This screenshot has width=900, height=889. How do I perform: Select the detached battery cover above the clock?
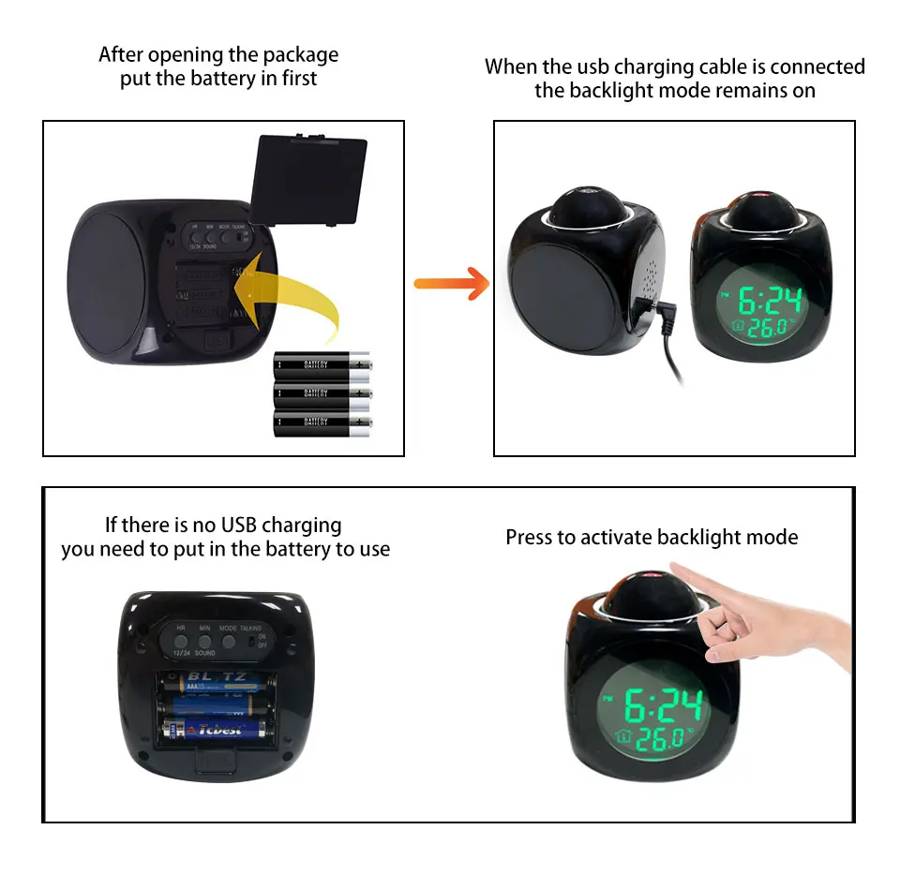310,179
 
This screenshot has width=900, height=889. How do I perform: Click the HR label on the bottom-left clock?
181,628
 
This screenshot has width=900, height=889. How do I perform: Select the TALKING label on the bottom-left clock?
250,628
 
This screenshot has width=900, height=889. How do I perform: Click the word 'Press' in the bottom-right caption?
528,537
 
